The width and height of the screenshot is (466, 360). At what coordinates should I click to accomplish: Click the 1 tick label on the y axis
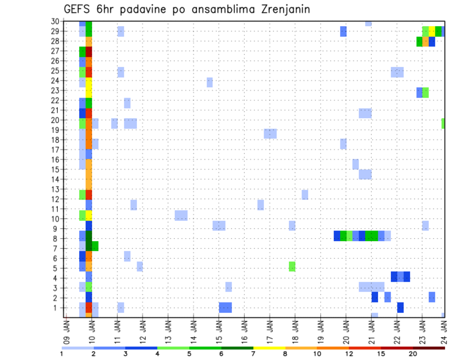pyautogui.click(x=57, y=308)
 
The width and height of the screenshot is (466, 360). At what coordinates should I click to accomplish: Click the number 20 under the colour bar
pyautogui.click(x=412, y=354)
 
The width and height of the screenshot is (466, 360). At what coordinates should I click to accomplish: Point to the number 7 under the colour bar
pyautogui.click(x=253, y=354)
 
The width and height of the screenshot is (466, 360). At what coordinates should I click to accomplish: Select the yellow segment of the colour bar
pyautogui.click(x=269, y=347)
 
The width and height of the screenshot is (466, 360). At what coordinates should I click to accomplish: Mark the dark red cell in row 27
pyautogui.click(x=89, y=51)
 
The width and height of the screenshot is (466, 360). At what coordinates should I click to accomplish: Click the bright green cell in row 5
pyautogui.click(x=292, y=266)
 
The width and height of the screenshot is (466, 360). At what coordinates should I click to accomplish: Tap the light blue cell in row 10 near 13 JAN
pyautogui.click(x=181, y=215)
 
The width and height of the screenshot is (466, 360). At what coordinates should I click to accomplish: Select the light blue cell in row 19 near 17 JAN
pyautogui.click(x=270, y=133)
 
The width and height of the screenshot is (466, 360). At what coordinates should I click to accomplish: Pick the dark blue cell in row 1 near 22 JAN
pyautogui.click(x=400, y=308)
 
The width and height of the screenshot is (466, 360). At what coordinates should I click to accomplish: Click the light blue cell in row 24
pyautogui.click(x=209, y=82)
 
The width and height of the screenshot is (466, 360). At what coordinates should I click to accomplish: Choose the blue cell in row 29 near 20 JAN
pyautogui.click(x=343, y=32)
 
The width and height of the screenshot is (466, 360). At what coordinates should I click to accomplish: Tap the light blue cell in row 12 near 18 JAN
pyautogui.click(x=305, y=195)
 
